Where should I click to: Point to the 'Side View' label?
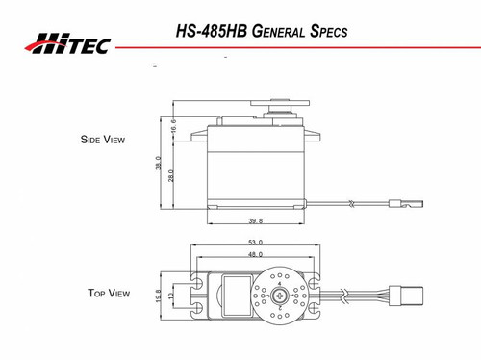point(102,139)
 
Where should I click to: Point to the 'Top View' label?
point(109,293)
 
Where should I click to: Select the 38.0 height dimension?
point(158,165)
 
